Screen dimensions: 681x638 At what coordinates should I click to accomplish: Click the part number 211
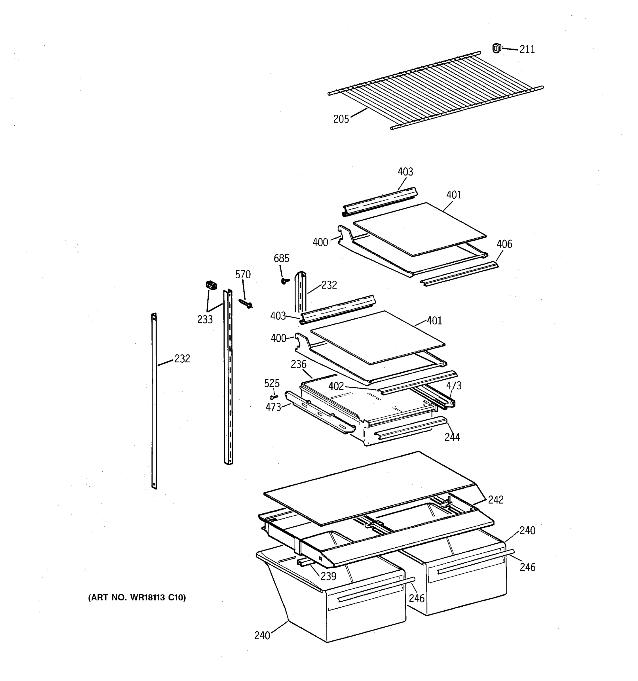[x=527, y=50]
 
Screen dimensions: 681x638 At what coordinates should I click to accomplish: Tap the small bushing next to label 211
[x=496, y=48]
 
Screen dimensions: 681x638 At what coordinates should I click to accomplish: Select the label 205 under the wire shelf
[x=341, y=119]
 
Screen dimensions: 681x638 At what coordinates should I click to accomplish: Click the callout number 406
[x=504, y=244]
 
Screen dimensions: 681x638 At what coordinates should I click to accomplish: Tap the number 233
[x=205, y=320]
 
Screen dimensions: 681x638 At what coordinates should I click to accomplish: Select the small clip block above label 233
[x=211, y=285]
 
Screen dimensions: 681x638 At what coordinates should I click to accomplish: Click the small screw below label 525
[x=274, y=397]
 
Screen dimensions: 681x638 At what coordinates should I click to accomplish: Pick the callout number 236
[x=299, y=364]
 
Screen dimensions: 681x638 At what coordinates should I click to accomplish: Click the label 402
[x=336, y=386]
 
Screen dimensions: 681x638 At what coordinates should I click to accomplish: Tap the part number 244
[x=452, y=437]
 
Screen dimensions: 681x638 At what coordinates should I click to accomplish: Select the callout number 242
[x=496, y=500]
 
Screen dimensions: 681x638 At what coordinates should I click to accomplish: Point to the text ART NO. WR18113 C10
[x=137, y=598]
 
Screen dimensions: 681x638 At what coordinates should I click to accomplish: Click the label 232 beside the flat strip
[x=182, y=359]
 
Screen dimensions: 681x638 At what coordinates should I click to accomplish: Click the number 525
[x=272, y=383]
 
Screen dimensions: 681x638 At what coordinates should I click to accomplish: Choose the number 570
[x=243, y=275]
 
